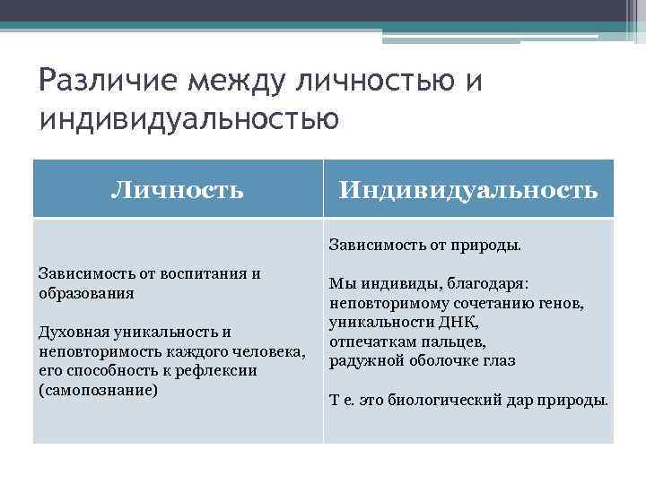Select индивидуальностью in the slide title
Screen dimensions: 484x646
click(x=188, y=118)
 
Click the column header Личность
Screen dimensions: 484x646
click(x=177, y=189)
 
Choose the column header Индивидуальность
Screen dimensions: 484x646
click(x=467, y=189)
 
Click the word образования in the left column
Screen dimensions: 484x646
click(x=87, y=292)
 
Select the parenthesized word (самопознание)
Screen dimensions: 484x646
click(x=99, y=390)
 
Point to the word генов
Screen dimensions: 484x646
click(x=562, y=303)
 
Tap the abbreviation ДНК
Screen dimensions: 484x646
click(x=460, y=322)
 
